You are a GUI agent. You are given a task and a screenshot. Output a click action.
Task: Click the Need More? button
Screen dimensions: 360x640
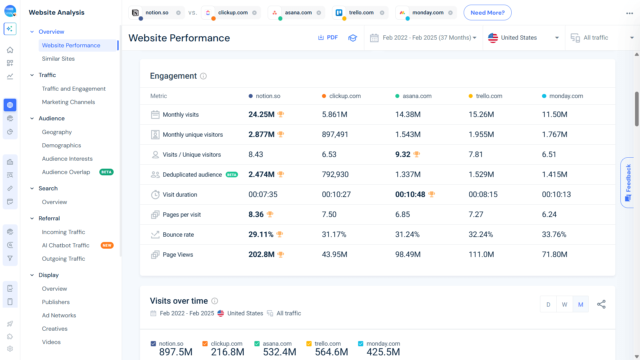click(487, 13)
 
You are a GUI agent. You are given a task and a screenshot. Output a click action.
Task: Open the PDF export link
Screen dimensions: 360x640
click(328, 38)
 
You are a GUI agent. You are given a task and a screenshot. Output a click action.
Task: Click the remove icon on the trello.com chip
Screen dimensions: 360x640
click(382, 13)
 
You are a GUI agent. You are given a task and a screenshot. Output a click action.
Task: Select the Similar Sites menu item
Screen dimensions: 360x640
click(58, 59)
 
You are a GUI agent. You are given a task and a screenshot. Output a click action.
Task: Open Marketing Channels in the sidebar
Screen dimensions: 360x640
click(68, 102)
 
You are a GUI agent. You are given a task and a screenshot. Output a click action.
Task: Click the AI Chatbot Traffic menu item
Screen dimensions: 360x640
click(66, 245)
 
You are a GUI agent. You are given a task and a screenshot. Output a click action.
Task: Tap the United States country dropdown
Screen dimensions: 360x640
click(523, 38)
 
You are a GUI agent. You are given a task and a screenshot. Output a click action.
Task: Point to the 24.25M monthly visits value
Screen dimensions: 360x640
click(261, 114)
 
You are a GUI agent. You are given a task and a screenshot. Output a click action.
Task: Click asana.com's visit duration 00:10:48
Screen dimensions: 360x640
click(410, 194)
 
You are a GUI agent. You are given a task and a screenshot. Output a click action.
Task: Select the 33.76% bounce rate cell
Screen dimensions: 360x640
click(554, 234)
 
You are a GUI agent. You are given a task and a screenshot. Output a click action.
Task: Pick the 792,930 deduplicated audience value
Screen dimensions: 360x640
click(335, 174)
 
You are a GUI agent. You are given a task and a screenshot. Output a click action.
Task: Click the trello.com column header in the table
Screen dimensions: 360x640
click(489, 96)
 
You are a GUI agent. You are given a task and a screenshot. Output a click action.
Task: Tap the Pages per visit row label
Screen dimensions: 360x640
click(182, 215)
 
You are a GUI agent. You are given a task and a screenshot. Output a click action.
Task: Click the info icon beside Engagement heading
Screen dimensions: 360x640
click(203, 76)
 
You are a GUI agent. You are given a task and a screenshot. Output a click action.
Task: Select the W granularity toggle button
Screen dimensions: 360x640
click(564, 304)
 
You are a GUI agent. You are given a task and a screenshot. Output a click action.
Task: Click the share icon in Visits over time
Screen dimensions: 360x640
click(601, 304)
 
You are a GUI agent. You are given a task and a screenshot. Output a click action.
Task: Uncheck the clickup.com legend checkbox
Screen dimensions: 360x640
click(205, 344)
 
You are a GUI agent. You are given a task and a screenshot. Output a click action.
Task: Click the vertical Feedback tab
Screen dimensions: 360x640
click(628, 182)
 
